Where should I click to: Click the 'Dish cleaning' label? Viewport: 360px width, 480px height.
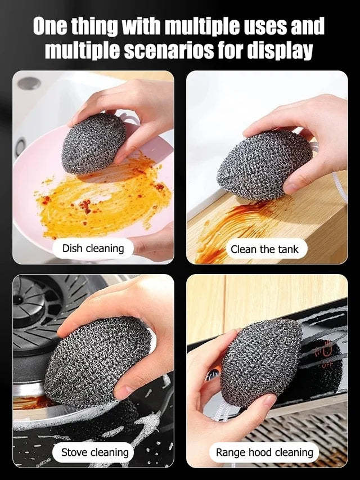93,248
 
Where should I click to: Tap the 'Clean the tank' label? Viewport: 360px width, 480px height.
264,249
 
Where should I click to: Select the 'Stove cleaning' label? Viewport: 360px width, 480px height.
95,452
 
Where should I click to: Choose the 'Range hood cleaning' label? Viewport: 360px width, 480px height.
264,452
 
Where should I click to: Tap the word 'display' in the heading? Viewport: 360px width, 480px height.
280,51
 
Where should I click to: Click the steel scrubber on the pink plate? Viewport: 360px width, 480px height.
94,143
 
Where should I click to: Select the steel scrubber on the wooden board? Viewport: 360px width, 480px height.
264,164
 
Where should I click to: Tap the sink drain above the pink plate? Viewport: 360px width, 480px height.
29,83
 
